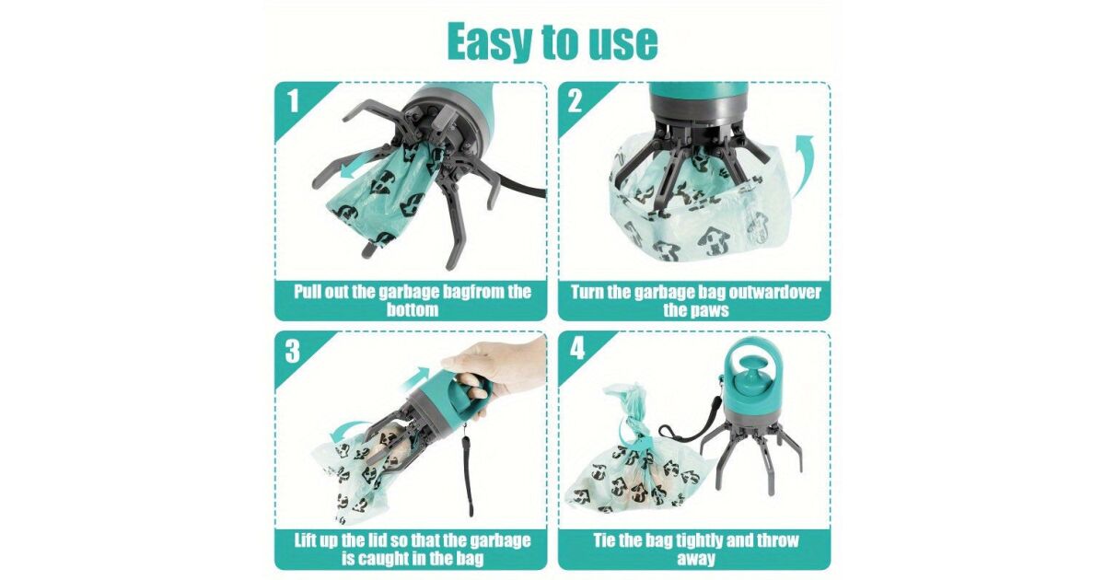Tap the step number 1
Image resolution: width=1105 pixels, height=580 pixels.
click(x=294, y=101)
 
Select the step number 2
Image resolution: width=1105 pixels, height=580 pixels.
click(x=575, y=101)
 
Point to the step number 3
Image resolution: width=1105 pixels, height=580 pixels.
click(x=293, y=351)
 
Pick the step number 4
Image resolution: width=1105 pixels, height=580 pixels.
click(x=576, y=348)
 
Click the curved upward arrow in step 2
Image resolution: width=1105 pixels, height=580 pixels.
click(x=803, y=165)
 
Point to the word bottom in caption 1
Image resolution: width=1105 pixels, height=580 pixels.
click(x=412, y=310)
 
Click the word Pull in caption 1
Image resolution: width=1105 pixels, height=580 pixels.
click(x=308, y=292)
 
